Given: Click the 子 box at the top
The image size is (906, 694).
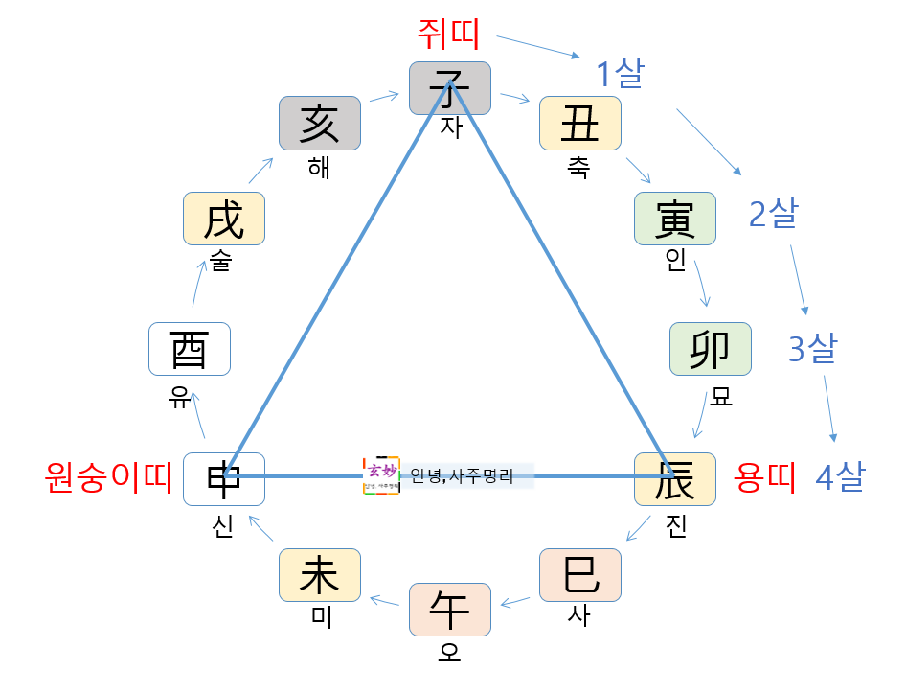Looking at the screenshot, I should point(449,88).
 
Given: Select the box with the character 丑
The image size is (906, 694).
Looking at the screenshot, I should point(579,123).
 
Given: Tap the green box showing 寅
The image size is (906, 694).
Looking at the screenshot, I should point(674,219).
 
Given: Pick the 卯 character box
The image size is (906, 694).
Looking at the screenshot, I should point(710,349).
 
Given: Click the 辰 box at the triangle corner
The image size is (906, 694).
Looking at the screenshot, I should point(674,478).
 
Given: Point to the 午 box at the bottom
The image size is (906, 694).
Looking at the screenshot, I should point(449,610).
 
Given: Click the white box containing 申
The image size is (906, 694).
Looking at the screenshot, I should point(223,478).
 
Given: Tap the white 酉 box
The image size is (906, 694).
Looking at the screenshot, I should point(190,349).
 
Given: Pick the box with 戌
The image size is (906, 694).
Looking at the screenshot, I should point(223,219).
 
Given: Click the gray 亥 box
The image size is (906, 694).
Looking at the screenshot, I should point(319,123).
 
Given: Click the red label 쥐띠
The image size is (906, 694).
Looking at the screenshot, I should point(448,35).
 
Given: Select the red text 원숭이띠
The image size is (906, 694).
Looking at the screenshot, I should point(108,476).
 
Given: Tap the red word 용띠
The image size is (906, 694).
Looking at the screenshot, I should point(765,476).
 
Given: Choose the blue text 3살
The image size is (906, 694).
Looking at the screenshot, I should point(812,350).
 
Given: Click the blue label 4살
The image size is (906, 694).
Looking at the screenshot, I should point(840,476).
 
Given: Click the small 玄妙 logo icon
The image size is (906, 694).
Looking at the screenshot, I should point(381,475).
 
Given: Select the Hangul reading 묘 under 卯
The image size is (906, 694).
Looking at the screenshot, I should point(721,397).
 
